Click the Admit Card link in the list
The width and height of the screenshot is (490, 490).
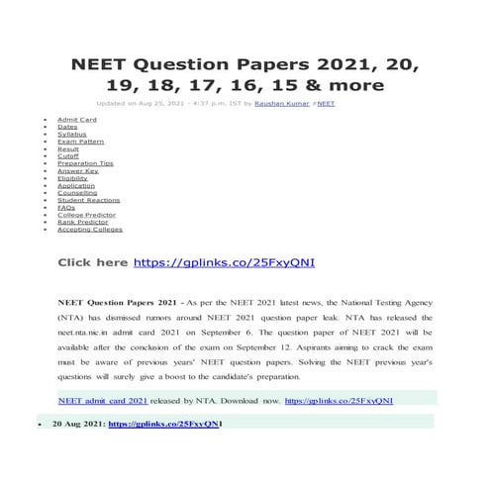pos(76,119)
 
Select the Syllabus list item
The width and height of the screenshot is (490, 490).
pos(71,134)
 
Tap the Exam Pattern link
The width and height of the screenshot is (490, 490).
pos(80,141)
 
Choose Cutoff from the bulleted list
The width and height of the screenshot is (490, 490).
pos(69,155)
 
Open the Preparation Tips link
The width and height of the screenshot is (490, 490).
pos(85,162)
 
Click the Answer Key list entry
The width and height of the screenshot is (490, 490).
pos(77,170)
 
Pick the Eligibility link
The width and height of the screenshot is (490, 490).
pos(72,177)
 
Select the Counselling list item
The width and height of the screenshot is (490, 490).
pos(77,192)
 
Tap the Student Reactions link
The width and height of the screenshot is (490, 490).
pos(89,199)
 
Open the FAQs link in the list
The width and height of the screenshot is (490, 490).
pos(66,207)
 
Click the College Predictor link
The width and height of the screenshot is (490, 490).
pos(86,214)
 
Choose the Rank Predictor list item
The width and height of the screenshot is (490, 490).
pos(82,222)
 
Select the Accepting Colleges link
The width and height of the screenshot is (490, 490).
pos(89,229)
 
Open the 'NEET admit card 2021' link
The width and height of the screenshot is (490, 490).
pos(103,401)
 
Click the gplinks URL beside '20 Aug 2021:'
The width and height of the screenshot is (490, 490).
pos(162,424)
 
